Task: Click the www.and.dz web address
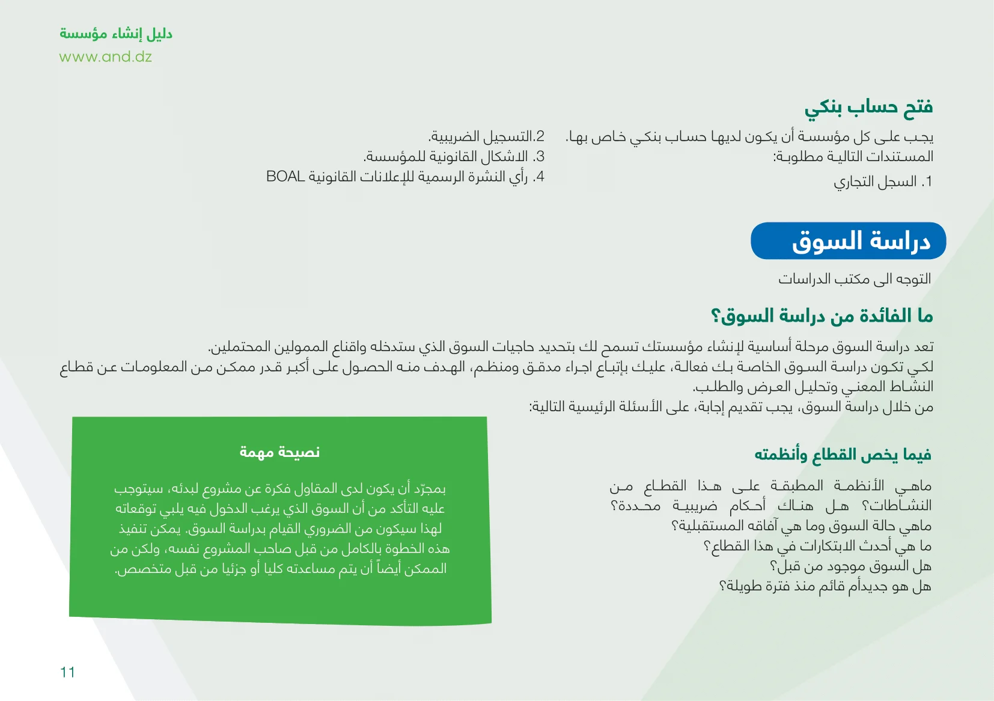pyautogui.click(x=106, y=57)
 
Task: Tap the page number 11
pyautogui.click(x=67, y=672)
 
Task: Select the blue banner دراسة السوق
pyautogui.click(x=849, y=240)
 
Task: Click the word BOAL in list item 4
pyautogui.click(x=285, y=176)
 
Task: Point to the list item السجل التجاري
pyautogui.click(x=883, y=182)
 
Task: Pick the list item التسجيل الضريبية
pyautogui.click(x=486, y=136)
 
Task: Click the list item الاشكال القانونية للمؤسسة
pyautogui.click(x=454, y=156)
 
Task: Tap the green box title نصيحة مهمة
pyautogui.click(x=279, y=452)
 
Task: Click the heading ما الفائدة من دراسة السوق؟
pyautogui.click(x=822, y=316)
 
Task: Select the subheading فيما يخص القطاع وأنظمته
pyautogui.click(x=843, y=455)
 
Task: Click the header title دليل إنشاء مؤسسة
pyautogui.click(x=116, y=34)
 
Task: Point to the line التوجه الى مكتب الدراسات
pyautogui.click(x=855, y=279)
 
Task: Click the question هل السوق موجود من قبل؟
pyautogui.click(x=850, y=566)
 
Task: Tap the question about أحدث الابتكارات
pyautogui.click(x=818, y=546)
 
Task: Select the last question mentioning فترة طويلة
pyautogui.click(x=825, y=586)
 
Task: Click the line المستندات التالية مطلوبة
pyautogui.click(x=853, y=156)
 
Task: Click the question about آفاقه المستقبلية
pyautogui.click(x=802, y=526)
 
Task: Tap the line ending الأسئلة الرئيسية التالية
pyautogui.click(x=731, y=406)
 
